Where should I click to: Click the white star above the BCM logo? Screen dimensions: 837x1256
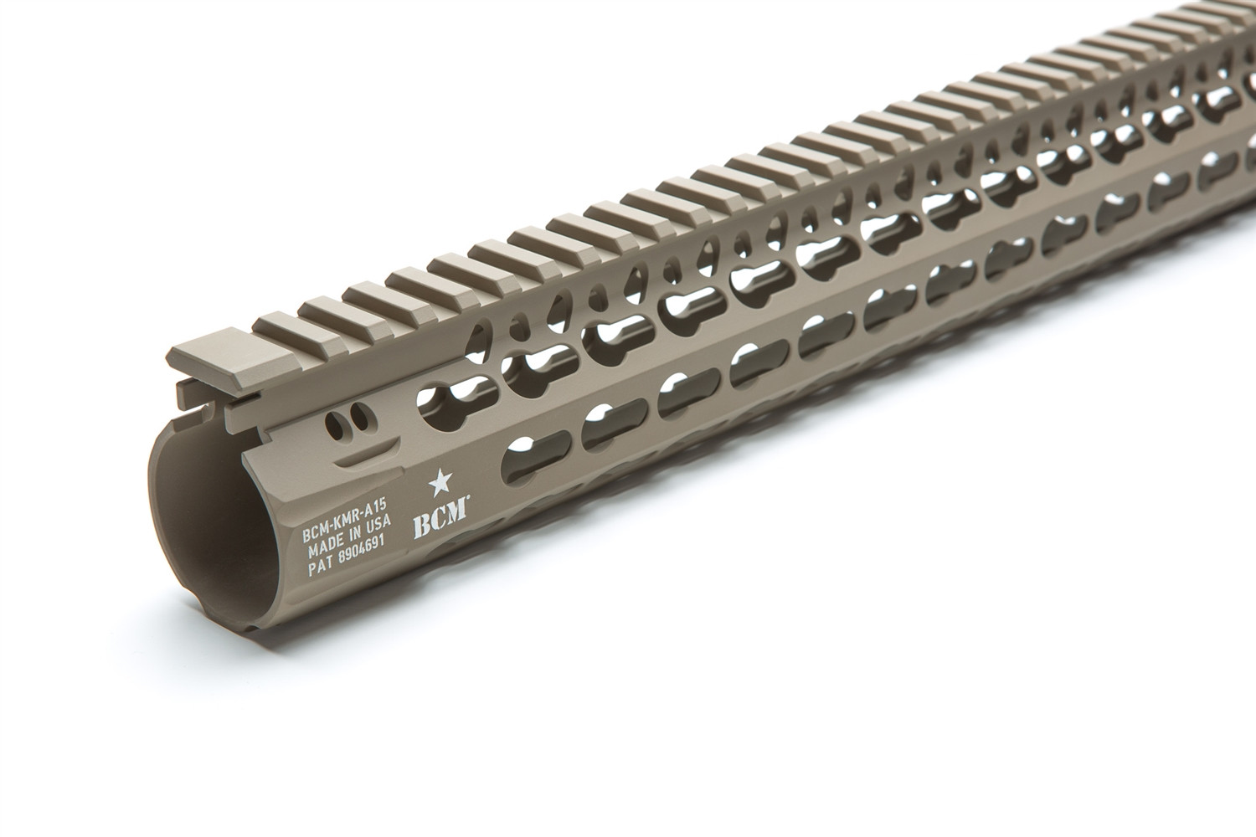(440, 483)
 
